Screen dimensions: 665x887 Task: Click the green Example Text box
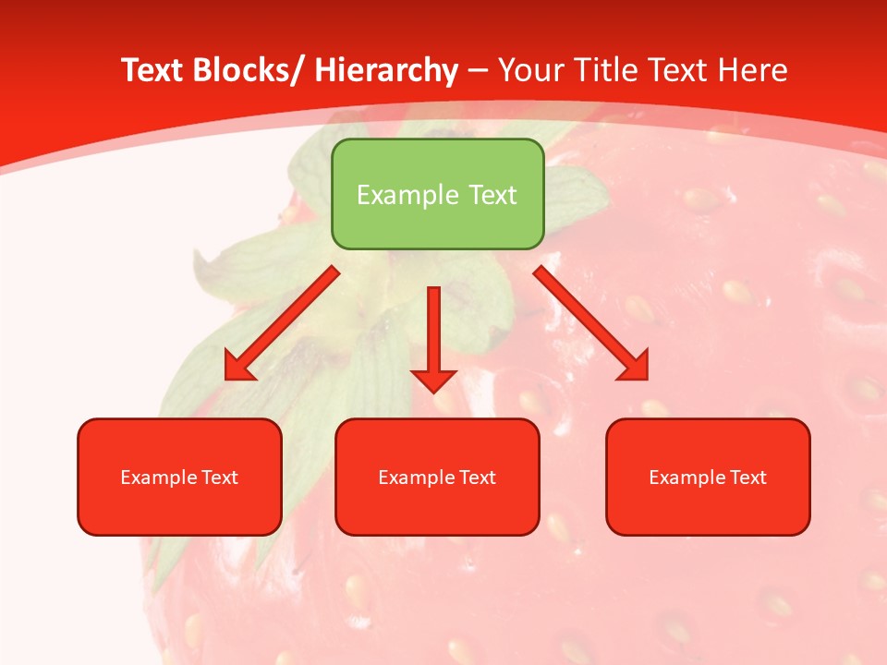(x=437, y=194)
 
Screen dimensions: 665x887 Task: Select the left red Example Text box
(x=179, y=477)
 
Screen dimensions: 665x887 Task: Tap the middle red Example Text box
(x=437, y=477)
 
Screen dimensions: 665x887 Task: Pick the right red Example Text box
(x=708, y=477)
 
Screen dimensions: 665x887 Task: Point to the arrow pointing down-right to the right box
(x=592, y=324)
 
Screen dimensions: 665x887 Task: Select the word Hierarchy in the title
(x=386, y=70)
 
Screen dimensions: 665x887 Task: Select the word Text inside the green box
(x=491, y=195)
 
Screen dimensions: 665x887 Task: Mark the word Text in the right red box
(x=747, y=478)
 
